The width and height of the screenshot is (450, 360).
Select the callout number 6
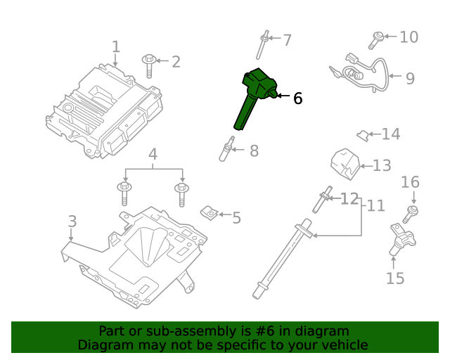tap(297, 98)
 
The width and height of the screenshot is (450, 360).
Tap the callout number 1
tap(116, 47)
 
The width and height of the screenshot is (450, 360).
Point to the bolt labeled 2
tap(150, 65)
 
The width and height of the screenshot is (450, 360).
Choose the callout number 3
tap(72, 221)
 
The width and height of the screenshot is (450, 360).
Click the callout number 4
tap(153, 154)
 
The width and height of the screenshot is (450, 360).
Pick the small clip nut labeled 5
tap(209, 212)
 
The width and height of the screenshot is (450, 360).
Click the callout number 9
tap(410, 77)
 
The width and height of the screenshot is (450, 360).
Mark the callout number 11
tap(376, 205)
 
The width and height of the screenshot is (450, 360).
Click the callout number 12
tap(349, 199)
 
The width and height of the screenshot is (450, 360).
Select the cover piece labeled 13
tap(345, 162)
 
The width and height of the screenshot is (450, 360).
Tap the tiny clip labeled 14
tap(362, 133)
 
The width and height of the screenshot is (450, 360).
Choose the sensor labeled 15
tap(399, 239)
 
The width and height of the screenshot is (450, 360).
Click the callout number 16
tap(410, 183)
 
